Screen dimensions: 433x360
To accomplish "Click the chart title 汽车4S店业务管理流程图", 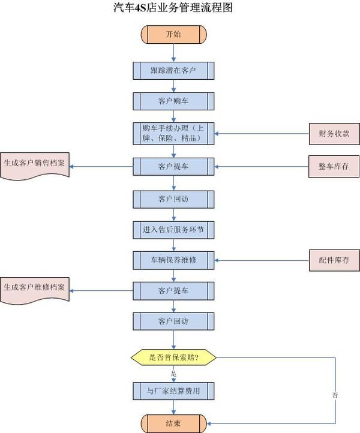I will [173, 8].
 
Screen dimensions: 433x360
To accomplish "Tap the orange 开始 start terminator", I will [173, 34].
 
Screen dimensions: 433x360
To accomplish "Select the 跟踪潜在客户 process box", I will [173, 71].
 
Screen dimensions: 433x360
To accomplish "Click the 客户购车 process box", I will [173, 100].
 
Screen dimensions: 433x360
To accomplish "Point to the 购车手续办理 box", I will [173, 133].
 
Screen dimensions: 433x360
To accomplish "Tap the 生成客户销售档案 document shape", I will [35, 163].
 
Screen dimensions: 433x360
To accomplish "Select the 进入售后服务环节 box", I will [173, 229].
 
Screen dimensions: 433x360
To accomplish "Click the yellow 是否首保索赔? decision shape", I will [173, 358].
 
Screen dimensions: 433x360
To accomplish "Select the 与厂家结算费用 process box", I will [173, 392].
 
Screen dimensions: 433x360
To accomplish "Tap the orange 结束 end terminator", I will [173, 423].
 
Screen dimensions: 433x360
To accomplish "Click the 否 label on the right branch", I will [335, 395].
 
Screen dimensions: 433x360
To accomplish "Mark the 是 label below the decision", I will [173, 374].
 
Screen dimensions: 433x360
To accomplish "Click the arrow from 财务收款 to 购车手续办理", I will [261, 133].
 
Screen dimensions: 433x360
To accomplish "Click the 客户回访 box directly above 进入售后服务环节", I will [173, 198].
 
